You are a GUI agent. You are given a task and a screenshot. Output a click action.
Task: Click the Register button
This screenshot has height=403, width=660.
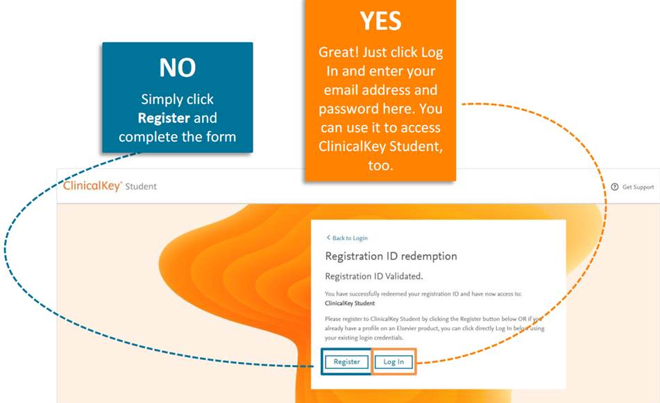tap(346, 362)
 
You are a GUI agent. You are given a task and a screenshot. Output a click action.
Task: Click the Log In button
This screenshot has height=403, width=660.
tap(394, 362)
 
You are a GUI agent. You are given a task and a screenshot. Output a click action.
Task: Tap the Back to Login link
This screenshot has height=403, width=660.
tap(350, 238)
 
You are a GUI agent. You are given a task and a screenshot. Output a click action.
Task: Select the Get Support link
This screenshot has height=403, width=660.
tap(638, 187)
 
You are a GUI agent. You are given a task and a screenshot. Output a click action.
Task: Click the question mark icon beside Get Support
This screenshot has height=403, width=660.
tap(614, 187)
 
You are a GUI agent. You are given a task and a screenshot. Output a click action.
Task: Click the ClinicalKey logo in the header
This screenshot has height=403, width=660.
tap(92, 186)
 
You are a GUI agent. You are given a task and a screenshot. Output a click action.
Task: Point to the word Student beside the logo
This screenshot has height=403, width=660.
tap(141, 187)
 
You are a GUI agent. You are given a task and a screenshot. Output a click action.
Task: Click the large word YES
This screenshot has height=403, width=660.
tap(380, 21)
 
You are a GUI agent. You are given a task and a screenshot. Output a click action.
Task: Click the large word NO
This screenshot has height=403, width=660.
tap(178, 67)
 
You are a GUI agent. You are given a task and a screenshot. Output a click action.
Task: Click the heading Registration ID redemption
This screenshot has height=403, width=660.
tap(391, 256)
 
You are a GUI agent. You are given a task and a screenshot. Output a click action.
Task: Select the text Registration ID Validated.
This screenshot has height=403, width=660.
tap(374, 276)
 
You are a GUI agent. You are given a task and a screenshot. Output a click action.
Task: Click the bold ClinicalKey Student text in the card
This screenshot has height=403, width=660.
tap(350, 303)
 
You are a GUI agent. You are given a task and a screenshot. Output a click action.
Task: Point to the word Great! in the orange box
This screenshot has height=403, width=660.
tap(339, 52)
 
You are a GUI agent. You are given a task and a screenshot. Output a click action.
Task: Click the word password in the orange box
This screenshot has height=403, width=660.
tap(346, 110)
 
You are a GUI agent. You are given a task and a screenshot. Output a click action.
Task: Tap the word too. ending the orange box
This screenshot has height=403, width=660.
tap(380, 165)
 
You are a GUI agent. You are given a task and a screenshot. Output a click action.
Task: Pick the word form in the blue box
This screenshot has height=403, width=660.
tap(221, 137)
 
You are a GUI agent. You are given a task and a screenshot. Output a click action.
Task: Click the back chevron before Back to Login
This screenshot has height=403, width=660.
tap(328, 238)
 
